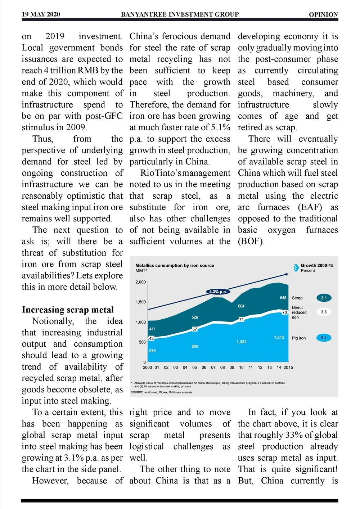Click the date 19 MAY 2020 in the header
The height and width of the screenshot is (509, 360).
coord(41,14)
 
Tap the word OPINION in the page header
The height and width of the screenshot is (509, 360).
coord(323,15)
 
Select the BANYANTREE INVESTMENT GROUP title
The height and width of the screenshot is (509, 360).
coord(180,14)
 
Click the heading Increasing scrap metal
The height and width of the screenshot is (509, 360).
coord(68,310)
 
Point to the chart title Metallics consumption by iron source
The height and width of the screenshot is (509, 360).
coord(175,265)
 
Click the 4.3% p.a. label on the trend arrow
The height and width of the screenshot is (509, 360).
coord(218,292)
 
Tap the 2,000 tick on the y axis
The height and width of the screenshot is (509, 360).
coord(140,282)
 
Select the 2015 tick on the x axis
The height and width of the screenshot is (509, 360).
coord(288,368)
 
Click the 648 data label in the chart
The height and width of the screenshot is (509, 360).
coord(283,298)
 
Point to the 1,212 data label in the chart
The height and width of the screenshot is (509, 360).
coord(279,338)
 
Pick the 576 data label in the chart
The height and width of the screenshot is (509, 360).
coord(152,351)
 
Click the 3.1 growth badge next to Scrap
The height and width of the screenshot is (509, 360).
coord(324,298)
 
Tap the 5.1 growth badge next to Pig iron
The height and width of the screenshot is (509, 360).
coord(324,338)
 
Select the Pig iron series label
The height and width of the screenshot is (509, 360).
coord(298,338)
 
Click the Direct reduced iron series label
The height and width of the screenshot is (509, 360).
coord(299,312)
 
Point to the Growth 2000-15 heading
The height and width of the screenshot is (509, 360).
coord(317,265)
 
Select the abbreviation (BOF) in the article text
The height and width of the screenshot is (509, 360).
coord(251,242)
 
